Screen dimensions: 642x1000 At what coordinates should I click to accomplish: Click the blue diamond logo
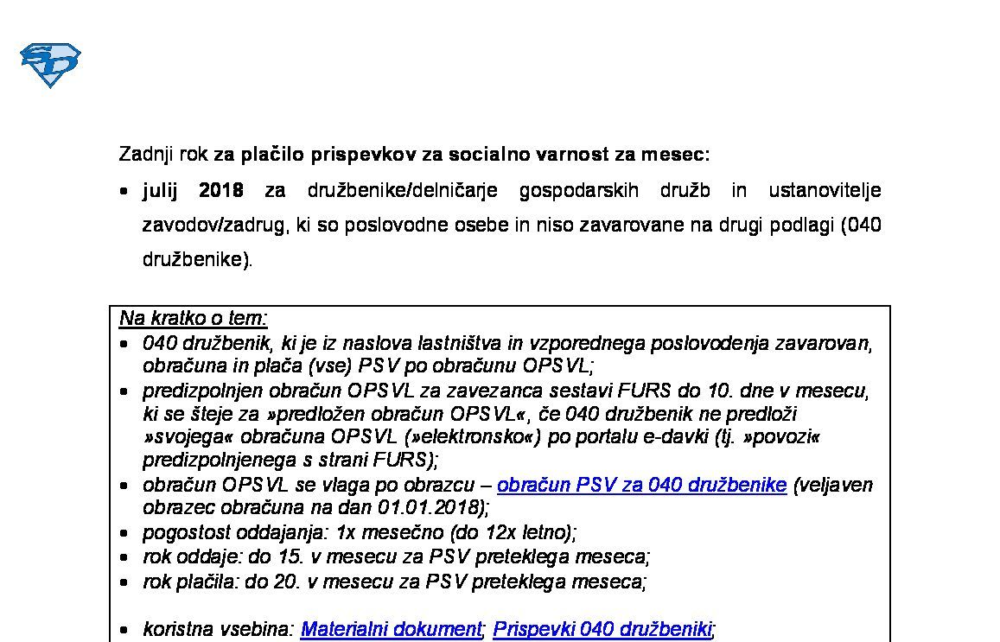click(x=50, y=65)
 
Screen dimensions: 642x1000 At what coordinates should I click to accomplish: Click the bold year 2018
click(x=221, y=190)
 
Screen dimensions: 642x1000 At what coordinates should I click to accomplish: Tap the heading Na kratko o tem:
click(x=194, y=318)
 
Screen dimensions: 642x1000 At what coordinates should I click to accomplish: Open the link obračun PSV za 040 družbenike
click(x=641, y=485)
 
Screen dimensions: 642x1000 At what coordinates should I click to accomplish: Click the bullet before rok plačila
click(x=126, y=582)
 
